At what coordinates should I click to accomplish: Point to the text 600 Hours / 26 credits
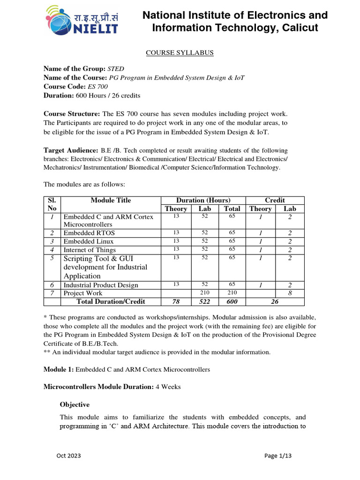pyautogui.click(x=108, y=95)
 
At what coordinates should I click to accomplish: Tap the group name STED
pyautogui.click(x=116, y=69)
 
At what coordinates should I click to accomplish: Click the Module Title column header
pyautogui.click(x=111, y=200)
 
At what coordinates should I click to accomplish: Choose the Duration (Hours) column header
pyautogui.click(x=203, y=200)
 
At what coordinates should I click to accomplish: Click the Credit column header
pyautogui.click(x=275, y=200)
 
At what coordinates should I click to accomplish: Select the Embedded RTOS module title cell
pyautogui.click(x=89, y=233)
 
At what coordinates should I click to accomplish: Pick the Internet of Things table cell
pyautogui.click(x=90, y=250)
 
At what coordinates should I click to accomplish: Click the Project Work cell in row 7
pyautogui.click(x=83, y=293)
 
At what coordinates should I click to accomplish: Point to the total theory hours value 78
pyautogui.click(x=176, y=301)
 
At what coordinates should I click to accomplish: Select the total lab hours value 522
pyautogui.click(x=204, y=301)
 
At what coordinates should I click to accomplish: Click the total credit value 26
pyautogui.click(x=275, y=301)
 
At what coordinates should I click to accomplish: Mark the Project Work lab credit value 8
pyautogui.click(x=290, y=293)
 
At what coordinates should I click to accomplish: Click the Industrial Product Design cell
pyautogui.click(x=101, y=285)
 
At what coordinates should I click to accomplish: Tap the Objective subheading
pyautogui.click(x=75, y=405)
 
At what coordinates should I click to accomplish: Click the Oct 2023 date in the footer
pyautogui.click(x=69, y=455)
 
